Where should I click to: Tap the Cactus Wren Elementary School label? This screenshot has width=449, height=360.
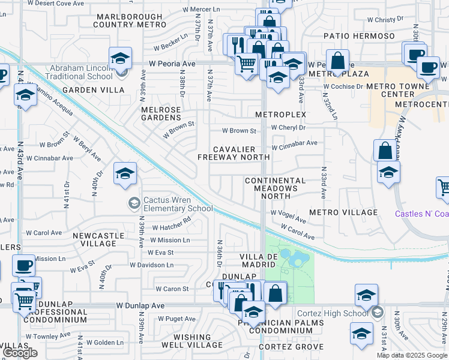pyautogui.click(x=177, y=205)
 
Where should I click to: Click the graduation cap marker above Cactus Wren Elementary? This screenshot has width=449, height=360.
pyautogui.click(x=125, y=175)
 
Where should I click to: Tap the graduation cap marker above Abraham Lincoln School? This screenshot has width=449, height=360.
pyautogui.click(x=121, y=59)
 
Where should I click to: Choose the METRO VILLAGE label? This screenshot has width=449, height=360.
pyautogui.click(x=343, y=212)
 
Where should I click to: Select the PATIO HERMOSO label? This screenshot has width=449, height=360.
pyautogui.click(x=359, y=36)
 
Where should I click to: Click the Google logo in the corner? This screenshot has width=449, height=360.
pyautogui.click(x=20, y=353)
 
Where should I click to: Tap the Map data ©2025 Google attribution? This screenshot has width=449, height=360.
pyautogui.click(x=412, y=356)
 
